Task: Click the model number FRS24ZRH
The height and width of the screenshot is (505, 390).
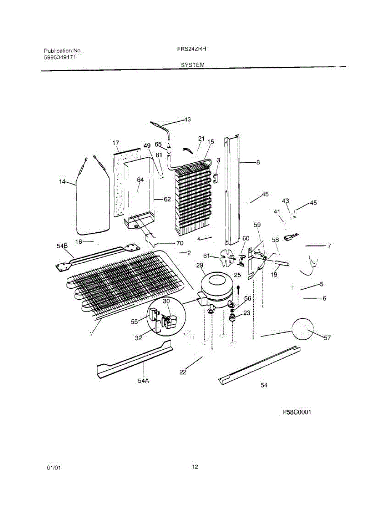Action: point(191,49)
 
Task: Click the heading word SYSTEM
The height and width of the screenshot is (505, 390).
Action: point(193,65)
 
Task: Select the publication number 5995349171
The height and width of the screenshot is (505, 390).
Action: point(60,57)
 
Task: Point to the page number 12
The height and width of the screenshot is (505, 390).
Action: point(195,466)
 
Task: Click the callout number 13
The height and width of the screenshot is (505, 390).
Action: point(187,120)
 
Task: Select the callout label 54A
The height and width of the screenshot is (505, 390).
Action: point(143,380)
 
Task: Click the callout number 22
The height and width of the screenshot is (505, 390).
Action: point(183,372)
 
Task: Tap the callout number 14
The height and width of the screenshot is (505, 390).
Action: point(62,182)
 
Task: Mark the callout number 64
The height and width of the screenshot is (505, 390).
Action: point(140,180)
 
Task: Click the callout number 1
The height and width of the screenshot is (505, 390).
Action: point(90,333)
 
